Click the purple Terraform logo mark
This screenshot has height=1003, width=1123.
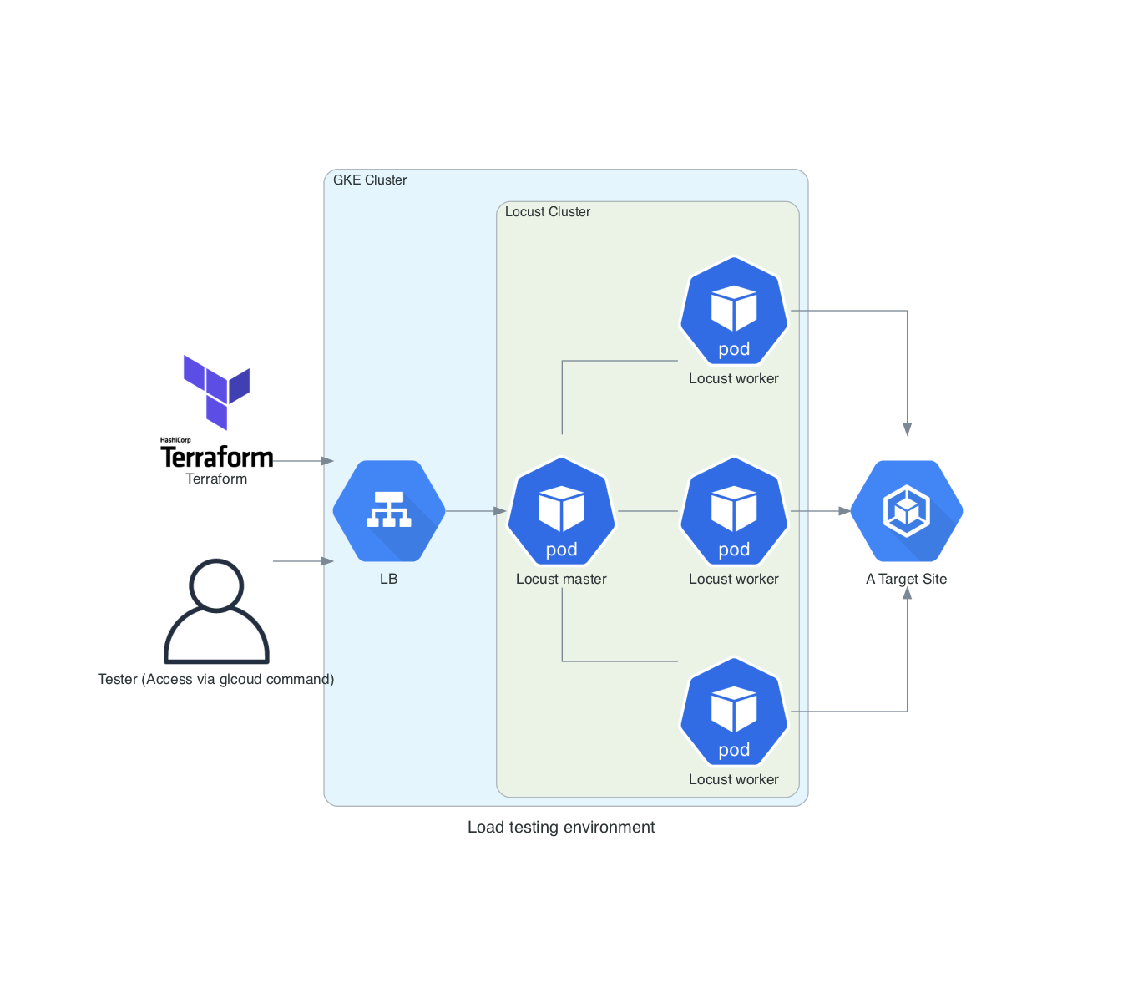tap(217, 391)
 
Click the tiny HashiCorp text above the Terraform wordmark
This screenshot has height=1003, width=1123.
tap(175, 440)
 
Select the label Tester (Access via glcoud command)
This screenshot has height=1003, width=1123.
tap(215, 679)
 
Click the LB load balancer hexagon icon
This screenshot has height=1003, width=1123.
tap(389, 510)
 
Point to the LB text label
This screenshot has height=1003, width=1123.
tap(389, 579)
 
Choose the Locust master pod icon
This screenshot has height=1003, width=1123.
tap(562, 510)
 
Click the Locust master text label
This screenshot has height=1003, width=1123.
tap(561, 579)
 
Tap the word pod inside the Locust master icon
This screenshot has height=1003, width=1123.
tap(562, 550)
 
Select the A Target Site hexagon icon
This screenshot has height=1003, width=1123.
tap(907, 510)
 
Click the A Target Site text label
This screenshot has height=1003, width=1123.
tap(907, 579)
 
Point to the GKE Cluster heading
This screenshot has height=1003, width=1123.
tap(370, 180)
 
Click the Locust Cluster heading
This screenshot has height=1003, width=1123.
tap(548, 212)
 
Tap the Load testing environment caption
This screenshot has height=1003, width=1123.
tap(561, 827)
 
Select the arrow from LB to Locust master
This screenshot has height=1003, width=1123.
tap(476, 511)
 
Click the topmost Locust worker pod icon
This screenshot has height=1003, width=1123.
tap(734, 310)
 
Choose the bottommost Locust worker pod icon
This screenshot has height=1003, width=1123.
tap(734, 711)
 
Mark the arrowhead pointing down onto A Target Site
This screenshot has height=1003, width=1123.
tap(908, 429)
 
